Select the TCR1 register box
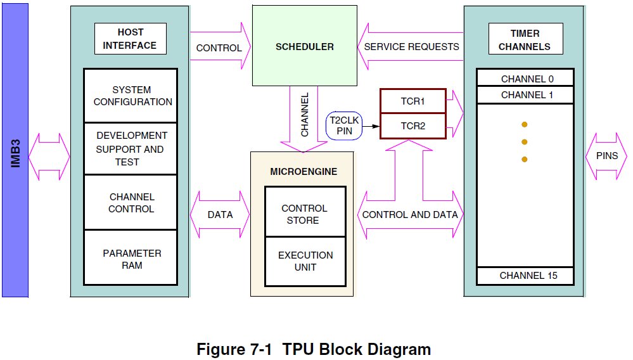tap(412, 101)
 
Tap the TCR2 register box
tap(412, 125)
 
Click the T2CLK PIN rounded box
tap(344, 125)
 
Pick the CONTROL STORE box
tap(305, 214)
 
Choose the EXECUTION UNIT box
tap(305, 261)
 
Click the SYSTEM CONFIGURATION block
tap(131, 96)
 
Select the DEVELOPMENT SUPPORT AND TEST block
tap(131, 148)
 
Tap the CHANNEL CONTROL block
tap(131, 203)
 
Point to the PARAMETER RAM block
tap(131, 259)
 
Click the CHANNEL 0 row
tap(525, 79)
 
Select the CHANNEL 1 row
tap(525, 95)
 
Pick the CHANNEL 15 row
tap(525, 276)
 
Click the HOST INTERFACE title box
tap(130, 39)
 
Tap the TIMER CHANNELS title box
tap(524, 40)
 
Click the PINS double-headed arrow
tap(606, 156)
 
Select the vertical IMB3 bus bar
tap(15, 151)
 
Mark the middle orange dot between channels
tap(524, 142)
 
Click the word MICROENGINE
tap(304, 172)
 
